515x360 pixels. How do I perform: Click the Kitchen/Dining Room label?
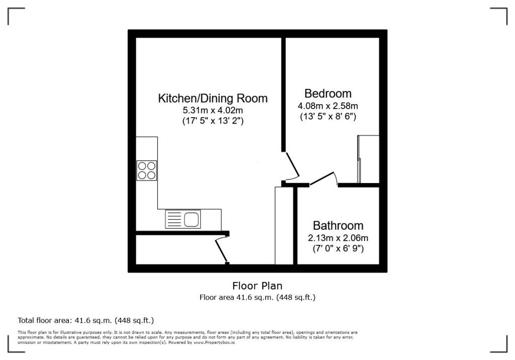[213, 98]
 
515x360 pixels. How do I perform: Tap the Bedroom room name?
[328, 94]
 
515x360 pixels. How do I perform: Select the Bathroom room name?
[338, 226]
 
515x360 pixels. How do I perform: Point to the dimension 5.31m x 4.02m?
[213, 110]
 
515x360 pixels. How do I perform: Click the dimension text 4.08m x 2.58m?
[328, 106]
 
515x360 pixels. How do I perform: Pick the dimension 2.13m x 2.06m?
[338, 238]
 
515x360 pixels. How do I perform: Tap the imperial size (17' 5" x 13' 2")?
[213, 121]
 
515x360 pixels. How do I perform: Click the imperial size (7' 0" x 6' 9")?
[338, 248]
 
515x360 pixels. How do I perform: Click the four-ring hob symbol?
[146, 170]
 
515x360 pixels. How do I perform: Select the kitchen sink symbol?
[191, 219]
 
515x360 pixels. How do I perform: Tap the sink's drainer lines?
[174, 219]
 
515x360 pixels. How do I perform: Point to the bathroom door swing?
[323, 179]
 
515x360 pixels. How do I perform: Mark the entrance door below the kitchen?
[221, 249]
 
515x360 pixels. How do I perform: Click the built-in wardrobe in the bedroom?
[368, 159]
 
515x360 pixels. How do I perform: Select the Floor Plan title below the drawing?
[257, 286]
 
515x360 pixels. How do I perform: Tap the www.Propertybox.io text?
[215, 342]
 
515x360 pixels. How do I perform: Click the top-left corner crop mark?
[16, 16]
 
